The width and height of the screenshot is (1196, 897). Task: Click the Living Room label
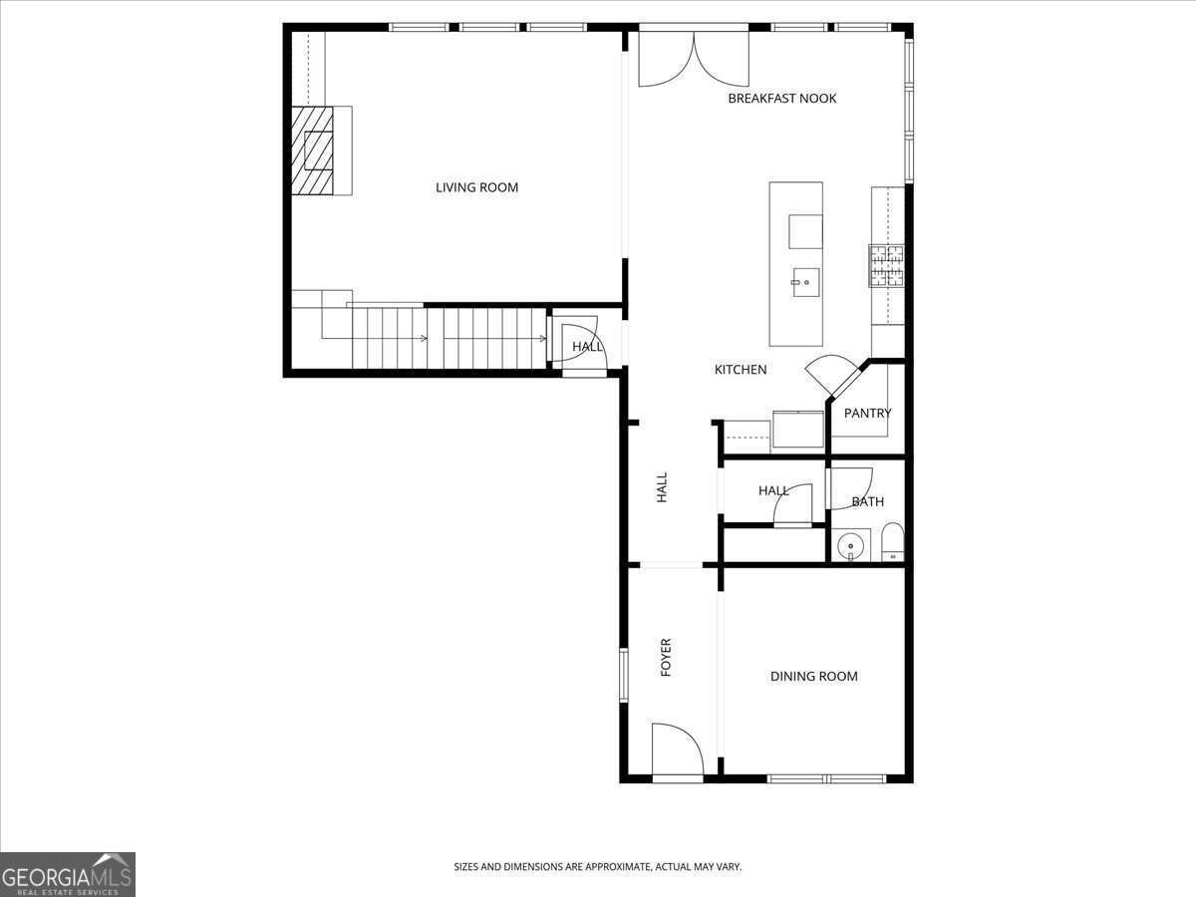[476, 188]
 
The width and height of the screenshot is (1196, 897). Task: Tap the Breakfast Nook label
[782, 99]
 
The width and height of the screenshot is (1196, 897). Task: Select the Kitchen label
[741, 370]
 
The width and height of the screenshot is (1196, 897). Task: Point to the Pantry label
[867, 414]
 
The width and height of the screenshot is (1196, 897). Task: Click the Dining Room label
[813, 677]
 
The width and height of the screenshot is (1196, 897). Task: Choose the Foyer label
[666, 658]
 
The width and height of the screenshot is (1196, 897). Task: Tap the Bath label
[867, 501]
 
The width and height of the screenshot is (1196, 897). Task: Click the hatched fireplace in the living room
[312, 150]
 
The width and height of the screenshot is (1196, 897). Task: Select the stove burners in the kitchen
[886, 266]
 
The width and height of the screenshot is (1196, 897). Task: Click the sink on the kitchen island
[805, 282]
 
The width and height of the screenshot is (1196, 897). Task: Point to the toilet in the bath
[892, 542]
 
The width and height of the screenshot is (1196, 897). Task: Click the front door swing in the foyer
[678, 749]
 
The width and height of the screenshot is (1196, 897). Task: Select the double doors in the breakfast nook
[694, 59]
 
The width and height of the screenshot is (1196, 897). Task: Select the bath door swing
[850, 488]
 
